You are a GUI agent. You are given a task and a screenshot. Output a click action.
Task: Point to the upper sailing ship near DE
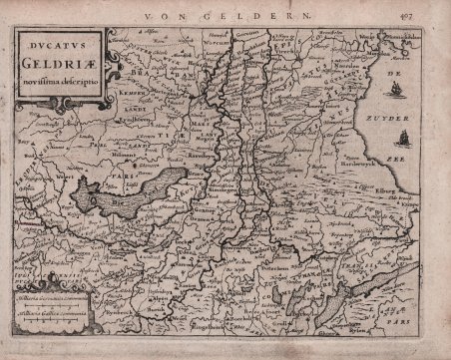[396, 90]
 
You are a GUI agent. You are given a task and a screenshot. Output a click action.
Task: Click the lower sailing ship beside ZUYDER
[404, 137]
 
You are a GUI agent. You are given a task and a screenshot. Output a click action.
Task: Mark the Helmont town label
[125, 155]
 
